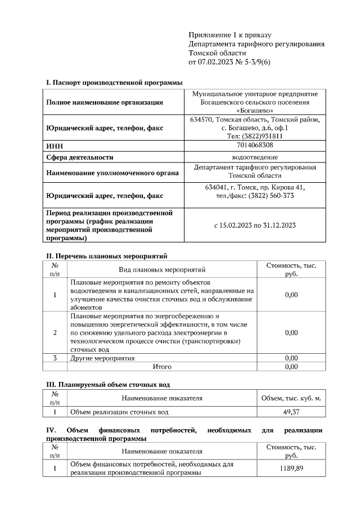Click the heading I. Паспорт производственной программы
pos(114,83)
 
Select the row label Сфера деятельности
pos(79,157)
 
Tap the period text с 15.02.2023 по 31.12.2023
pos(255,225)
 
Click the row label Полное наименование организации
pos(105,102)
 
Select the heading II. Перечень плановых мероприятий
pos(106,256)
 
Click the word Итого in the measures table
pos(163,367)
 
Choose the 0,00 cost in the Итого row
pos(291,367)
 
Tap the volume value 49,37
pos(291,412)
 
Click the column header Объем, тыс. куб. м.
pos(291,399)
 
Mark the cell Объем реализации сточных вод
pos(119,412)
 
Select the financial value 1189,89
pos(291,469)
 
